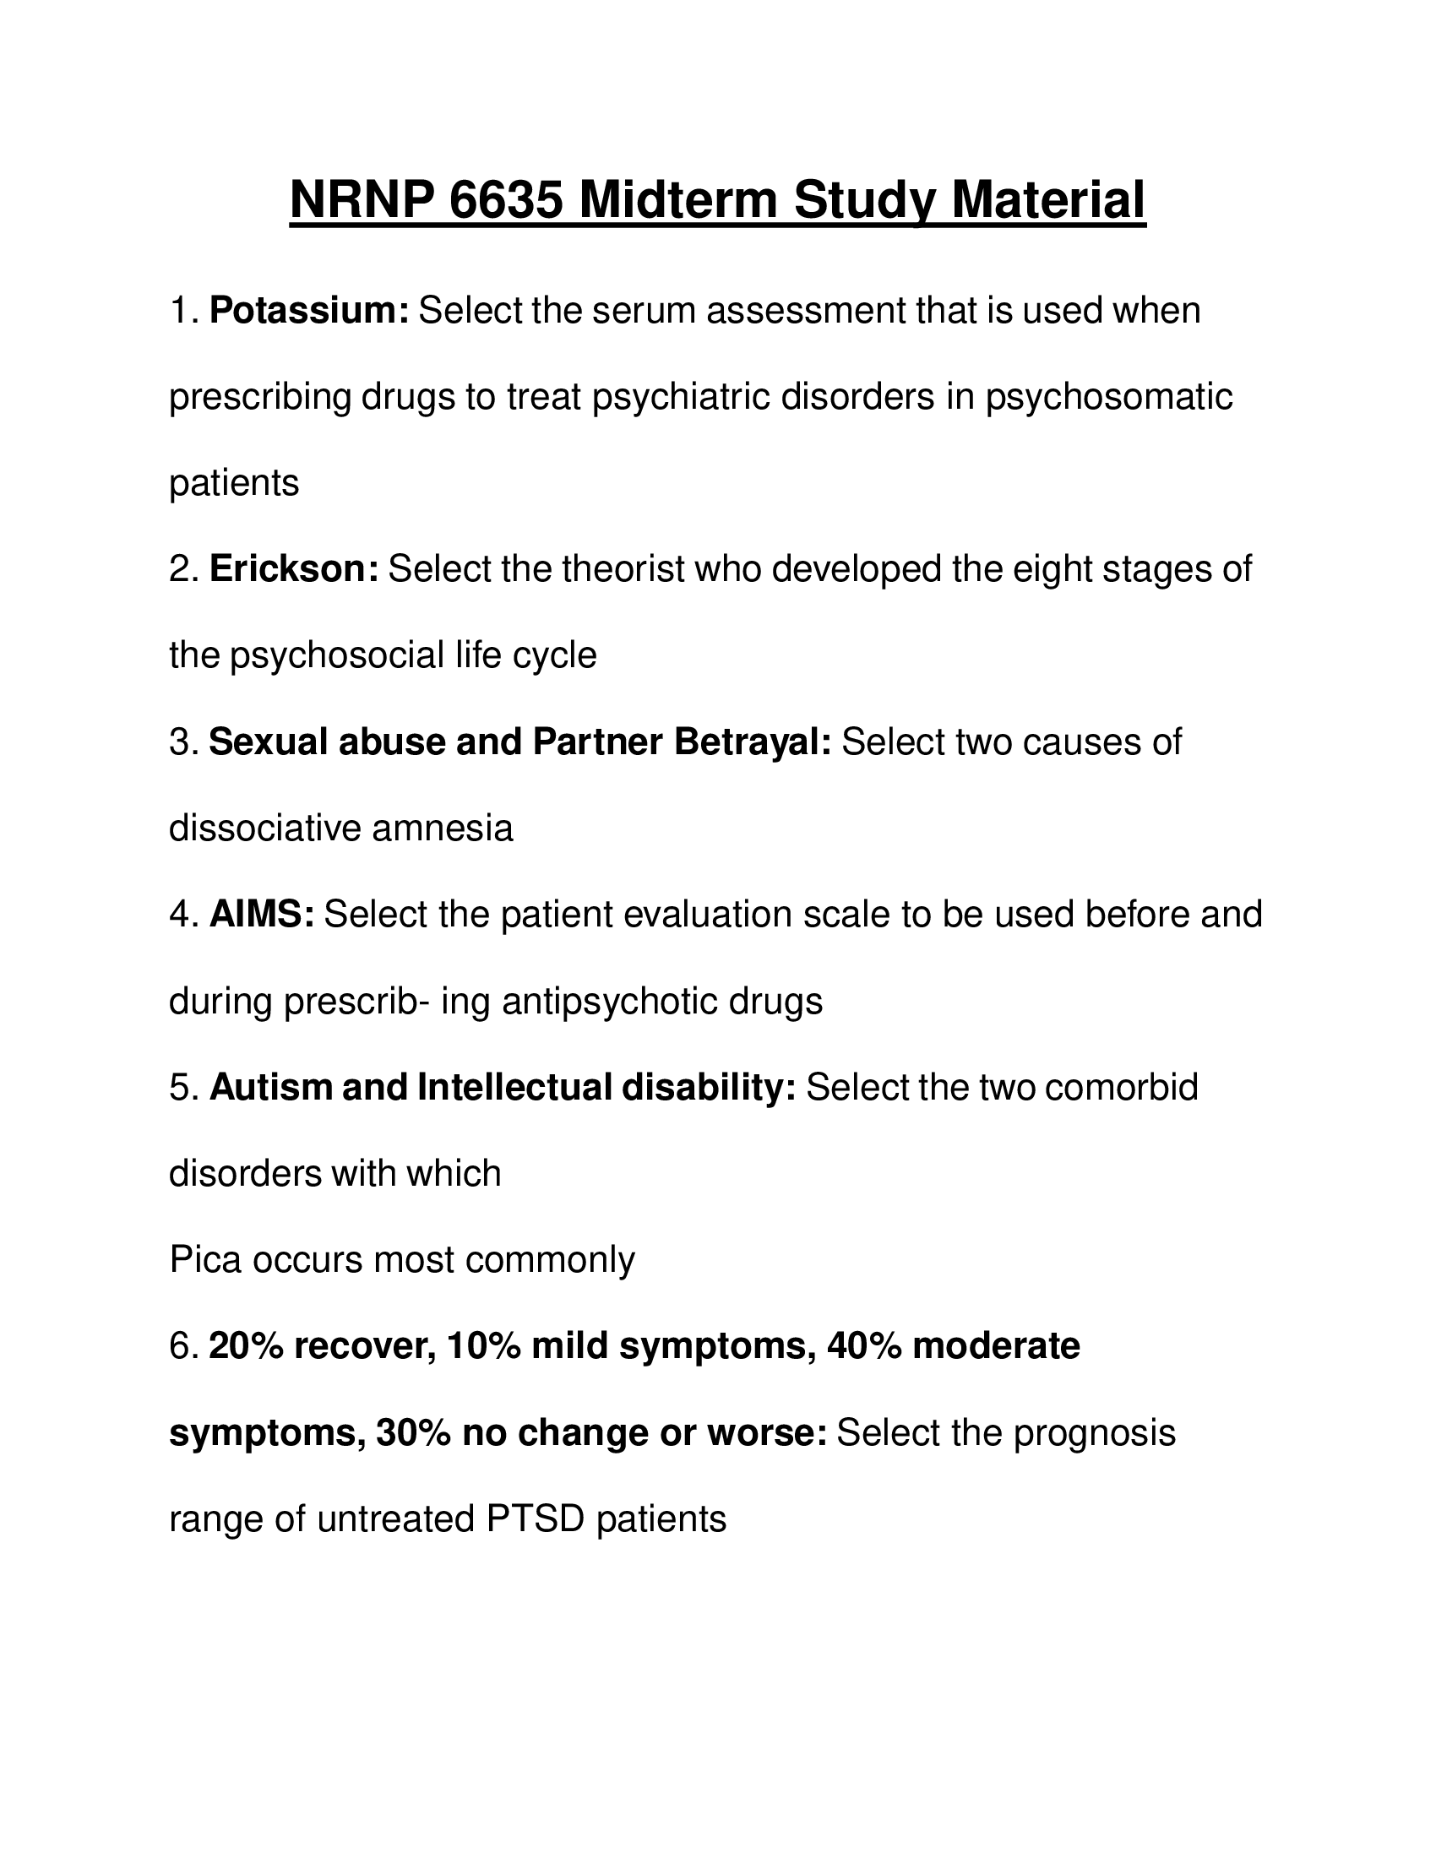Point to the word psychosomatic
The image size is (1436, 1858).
pos(1108,397)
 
